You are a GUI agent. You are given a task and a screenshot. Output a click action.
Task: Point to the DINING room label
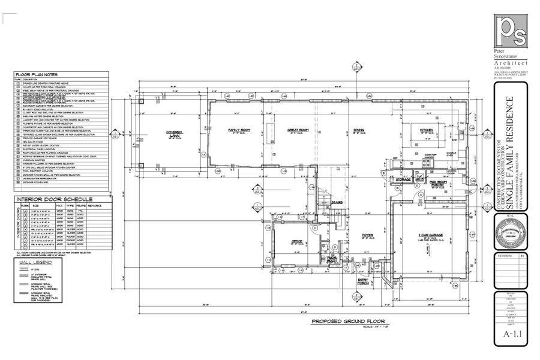click(359, 130)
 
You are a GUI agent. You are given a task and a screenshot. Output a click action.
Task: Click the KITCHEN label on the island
click(427, 130)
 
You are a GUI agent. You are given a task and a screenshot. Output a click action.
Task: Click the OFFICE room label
click(297, 241)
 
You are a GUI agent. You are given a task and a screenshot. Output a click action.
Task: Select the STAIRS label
click(337, 202)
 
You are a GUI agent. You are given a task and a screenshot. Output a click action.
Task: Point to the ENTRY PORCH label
click(364, 281)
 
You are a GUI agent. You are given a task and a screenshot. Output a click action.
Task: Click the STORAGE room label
click(403, 179)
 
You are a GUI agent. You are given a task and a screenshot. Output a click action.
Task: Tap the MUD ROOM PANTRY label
click(436, 183)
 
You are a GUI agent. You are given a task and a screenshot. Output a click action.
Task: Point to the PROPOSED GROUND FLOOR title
click(347, 321)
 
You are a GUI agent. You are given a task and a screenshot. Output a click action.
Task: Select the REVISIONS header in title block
click(505, 255)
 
